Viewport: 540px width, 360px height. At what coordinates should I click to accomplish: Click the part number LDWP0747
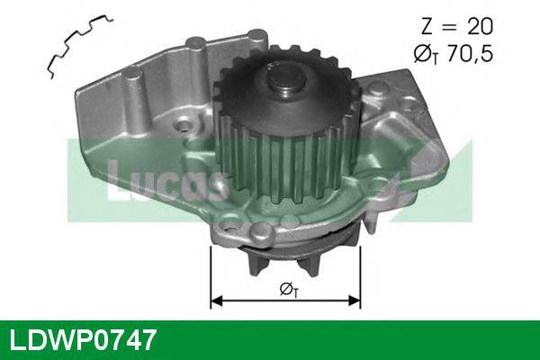[83, 341]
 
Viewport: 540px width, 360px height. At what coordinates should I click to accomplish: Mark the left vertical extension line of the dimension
[210, 270]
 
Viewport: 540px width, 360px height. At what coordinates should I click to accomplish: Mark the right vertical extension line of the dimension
[361, 270]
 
